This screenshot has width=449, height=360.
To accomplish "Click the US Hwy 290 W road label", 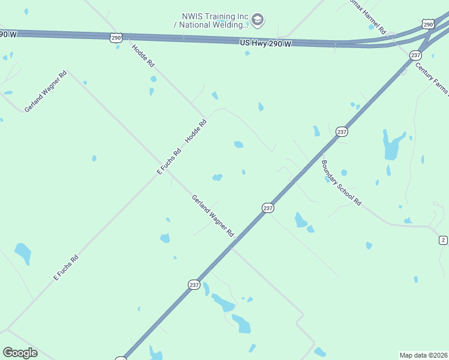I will pos(265,44).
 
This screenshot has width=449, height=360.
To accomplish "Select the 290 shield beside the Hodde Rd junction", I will pos(116,38).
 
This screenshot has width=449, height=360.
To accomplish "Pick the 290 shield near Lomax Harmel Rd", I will pos(427,24).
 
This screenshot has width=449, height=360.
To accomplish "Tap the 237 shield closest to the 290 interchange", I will pos(415,55).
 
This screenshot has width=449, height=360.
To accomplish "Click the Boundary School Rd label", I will pos(341,183).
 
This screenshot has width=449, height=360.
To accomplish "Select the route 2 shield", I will pos(443,240).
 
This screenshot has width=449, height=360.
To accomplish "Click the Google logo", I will pos(20,353).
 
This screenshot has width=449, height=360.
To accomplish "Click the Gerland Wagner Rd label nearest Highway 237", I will pos(212,215).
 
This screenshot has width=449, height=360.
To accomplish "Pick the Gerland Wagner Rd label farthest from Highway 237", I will pos(45,92).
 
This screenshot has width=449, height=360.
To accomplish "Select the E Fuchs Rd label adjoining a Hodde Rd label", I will pos(169,161).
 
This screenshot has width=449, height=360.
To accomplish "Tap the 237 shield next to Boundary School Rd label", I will pos(342,131).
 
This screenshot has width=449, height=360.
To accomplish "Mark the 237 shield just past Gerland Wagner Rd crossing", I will pos(268,208).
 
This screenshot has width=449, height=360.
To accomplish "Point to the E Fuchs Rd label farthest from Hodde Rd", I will pos(66,268).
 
